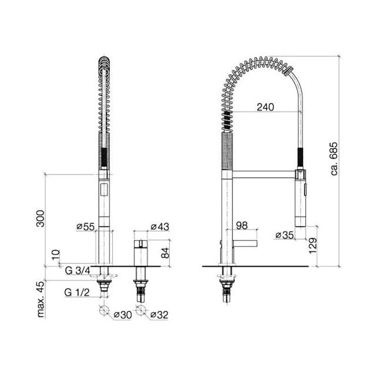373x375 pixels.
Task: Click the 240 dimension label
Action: (266, 108)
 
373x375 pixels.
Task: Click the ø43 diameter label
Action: (160, 227)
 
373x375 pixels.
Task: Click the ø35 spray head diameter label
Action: (284, 235)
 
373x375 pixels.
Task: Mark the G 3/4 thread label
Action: (78, 270)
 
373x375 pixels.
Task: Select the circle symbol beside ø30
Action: (105, 311)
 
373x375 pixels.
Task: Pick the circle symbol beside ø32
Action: (140, 311)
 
